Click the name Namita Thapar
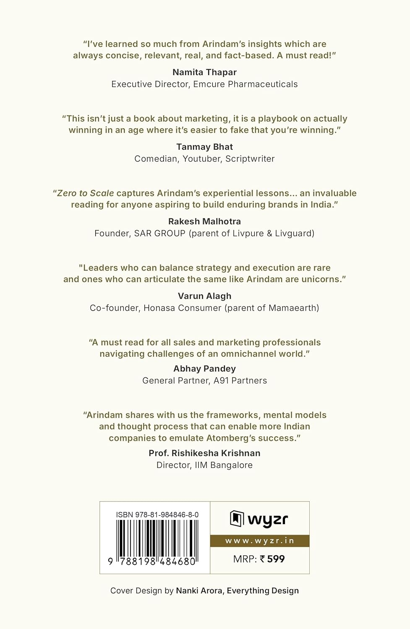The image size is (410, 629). point(204,72)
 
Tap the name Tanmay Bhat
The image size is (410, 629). point(204,147)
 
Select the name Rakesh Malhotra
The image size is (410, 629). point(204,221)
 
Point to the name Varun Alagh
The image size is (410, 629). point(204,296)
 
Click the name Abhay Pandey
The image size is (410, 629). point(204,369)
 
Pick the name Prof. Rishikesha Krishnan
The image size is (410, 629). point(204,453)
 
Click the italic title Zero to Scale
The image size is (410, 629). point(86,193)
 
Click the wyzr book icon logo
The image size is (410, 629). point(237,519)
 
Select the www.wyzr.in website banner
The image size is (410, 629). point(260,541)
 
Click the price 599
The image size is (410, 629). point(276,559)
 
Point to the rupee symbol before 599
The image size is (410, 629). point(262,559)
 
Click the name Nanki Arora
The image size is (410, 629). point(199,590)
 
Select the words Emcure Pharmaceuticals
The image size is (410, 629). point(245,84)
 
